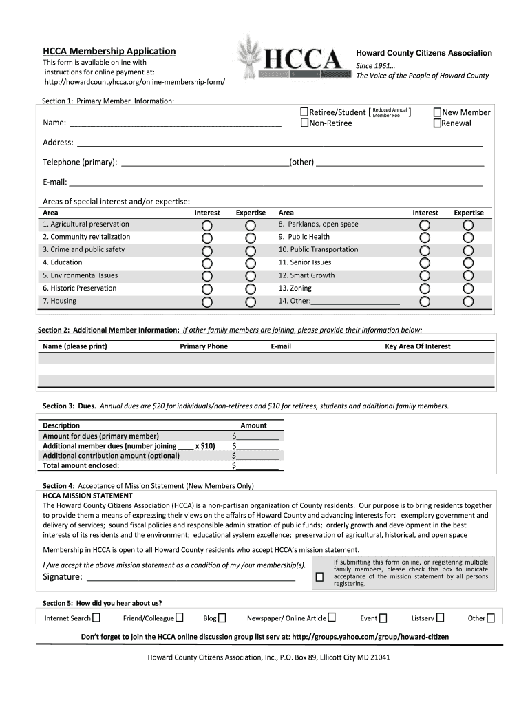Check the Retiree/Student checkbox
click(x=304, y=112)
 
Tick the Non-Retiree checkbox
click(x=304, y=123)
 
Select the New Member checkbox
click(x=437, y=112)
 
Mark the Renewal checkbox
click(x=437, y=123)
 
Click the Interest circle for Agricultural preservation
click(x=207, y=225)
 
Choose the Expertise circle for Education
click(x=251, y=263)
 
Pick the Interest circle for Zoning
click(x=425, y=289)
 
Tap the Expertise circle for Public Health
click(x=468, y=238)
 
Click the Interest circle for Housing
click(x=207, y=302)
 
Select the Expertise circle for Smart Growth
click(x=468, y=276)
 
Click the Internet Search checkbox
click(x=96, y=618)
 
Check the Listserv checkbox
click(x=440, y=618)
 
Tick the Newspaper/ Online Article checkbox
click(x=332, y=618)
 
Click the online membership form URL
click(x=135, y=83)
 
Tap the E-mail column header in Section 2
click(x=281, y=346)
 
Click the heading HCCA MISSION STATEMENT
click(x=88, y=496)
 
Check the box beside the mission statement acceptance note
click(x=319, y=577)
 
